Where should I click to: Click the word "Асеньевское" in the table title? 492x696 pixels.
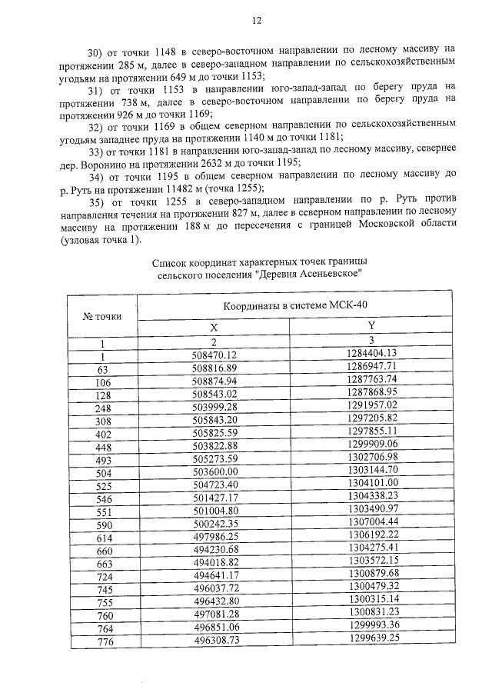[x=321, y=273]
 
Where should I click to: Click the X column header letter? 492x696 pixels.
[x=215, y=327]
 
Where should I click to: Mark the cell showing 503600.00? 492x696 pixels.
[x=215, y=471]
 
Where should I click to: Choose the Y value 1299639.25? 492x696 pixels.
[x=371, y=638]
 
